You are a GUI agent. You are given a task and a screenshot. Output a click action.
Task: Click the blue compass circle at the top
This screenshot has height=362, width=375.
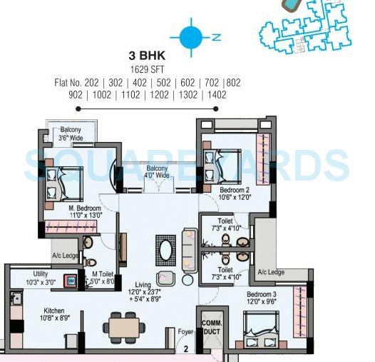(189, 37)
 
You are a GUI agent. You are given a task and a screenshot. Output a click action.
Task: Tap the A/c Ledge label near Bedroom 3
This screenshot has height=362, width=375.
(271, 272)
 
